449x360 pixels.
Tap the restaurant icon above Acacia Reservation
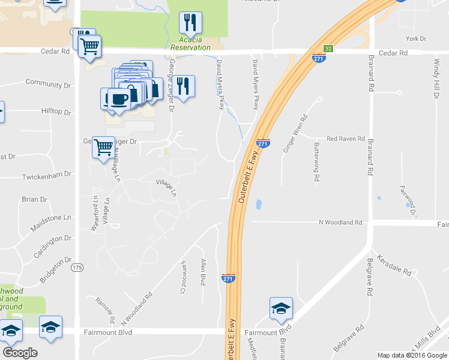[190, 23]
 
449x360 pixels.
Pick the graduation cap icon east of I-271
[281, 308]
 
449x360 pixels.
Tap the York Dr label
[415, 38]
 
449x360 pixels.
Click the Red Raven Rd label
[345, 139]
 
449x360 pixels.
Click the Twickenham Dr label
[46, 176]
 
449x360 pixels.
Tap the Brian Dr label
[34, 199]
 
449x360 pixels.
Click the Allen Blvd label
[203, 272]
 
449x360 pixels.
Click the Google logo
[20, 353]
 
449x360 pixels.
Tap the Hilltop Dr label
[56, 112]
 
